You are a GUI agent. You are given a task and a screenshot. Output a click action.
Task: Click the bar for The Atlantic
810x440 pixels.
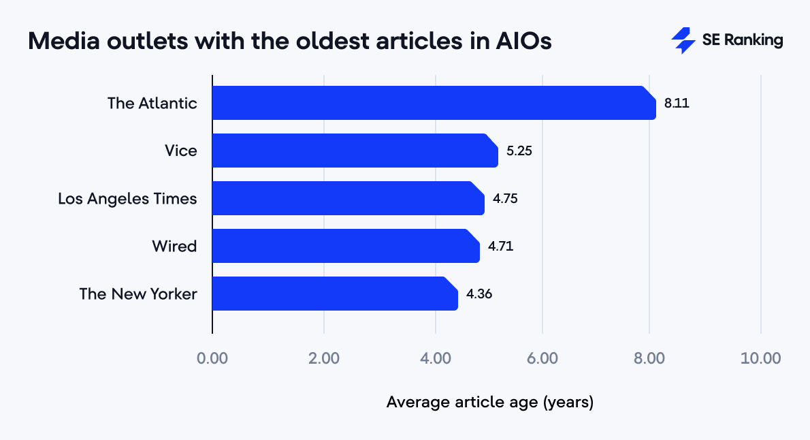coord(434,103)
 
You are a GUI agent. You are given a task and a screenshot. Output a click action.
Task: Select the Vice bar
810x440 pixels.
coord(355,151)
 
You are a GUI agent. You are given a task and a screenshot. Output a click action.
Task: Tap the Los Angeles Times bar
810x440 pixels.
coord(348,198)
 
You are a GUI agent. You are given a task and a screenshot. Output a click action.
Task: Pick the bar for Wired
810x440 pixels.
coord(346,246)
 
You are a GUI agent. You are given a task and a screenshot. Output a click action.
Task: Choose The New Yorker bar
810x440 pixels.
coord(335,294)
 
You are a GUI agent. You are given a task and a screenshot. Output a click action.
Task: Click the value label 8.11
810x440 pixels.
coord(677,104)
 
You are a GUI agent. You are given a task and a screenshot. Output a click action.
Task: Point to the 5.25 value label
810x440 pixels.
coord(519,151)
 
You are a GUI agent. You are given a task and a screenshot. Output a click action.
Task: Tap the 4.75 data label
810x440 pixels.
coord(506,199)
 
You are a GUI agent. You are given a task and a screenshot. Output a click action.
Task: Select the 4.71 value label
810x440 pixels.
coord(501,247)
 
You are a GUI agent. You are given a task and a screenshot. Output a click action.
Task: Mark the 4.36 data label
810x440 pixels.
coord(479,294)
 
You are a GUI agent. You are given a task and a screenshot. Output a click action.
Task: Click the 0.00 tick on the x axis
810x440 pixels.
coord(212,358)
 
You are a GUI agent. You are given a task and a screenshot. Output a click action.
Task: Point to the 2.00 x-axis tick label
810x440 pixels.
coord(324,358)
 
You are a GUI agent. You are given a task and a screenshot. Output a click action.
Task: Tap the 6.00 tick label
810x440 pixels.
coord(542,358)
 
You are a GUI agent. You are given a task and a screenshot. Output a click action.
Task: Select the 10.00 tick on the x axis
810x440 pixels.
coord(761,358)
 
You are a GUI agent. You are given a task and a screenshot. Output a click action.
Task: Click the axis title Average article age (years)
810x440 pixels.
coord(490,403)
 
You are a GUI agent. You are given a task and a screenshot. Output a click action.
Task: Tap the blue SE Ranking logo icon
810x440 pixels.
coord(683,41)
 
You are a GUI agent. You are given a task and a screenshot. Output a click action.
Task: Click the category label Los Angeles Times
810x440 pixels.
coord(127,199)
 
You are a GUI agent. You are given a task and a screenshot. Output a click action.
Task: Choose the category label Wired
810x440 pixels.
coord(174,247)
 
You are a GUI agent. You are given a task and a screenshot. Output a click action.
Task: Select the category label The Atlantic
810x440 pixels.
coord(152,104)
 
